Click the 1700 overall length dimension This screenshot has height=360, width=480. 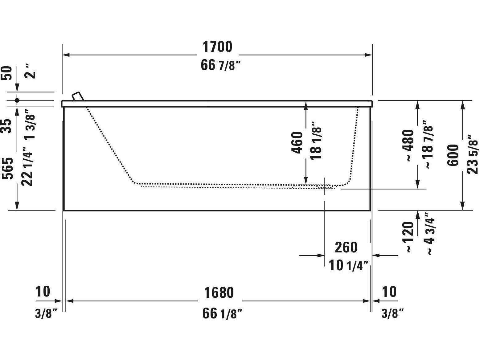[x=217, y=47]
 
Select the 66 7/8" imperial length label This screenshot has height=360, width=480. [x=220, y=65]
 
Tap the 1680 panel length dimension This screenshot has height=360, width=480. [x=219, y=292]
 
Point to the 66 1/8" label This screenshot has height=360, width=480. [x=222, y=314]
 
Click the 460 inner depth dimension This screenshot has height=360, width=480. [x=297, y=142]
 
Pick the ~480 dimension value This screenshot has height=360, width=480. [x=408, y=145]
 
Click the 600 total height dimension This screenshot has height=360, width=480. [x=453, y=155]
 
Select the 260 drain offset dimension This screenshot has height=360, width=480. [x=346, y=247]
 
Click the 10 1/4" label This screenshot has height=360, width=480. [x=349, y=265]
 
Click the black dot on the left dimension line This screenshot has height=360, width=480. [x=17, y=100]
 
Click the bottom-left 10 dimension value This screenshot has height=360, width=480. [x=43, y=291]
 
